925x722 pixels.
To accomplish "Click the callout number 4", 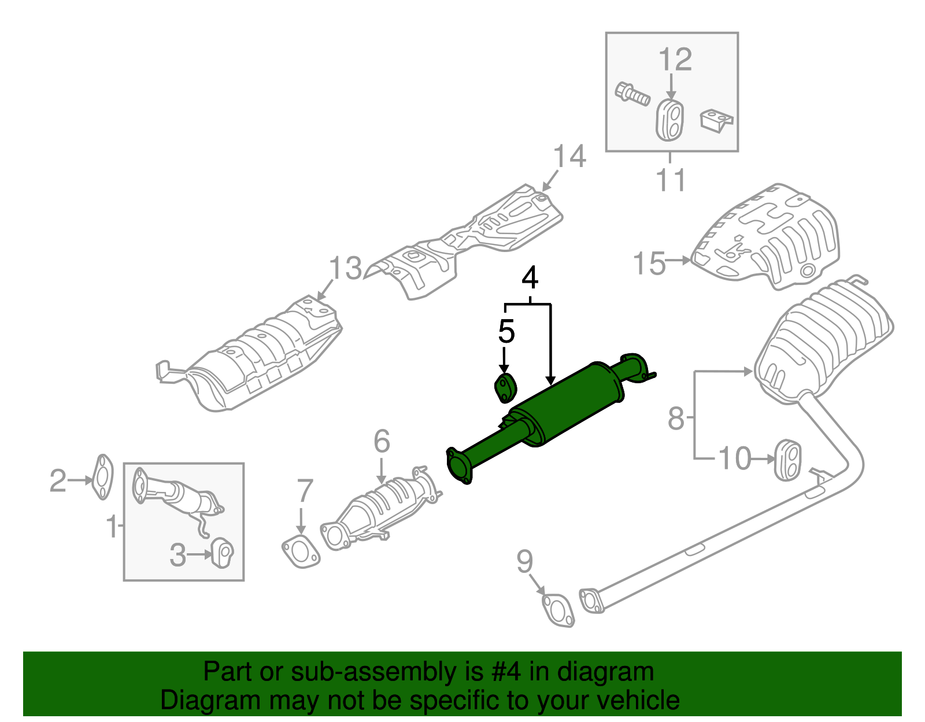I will (530, 278).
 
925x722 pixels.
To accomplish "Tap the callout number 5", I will (506, 332).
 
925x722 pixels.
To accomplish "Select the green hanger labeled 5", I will (505, 388).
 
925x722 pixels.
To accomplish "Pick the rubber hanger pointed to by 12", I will (671, 120).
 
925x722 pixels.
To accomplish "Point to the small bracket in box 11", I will (716, 121).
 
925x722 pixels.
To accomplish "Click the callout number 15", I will (650, 264).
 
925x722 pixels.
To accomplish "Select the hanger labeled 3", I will (221, 553).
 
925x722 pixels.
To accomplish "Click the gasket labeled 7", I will (301, 551).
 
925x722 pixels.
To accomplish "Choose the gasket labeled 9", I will (558, 610).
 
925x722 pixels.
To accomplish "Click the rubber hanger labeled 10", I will (787, 460).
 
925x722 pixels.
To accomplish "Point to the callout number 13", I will (345, 269).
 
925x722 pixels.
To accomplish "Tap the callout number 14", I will (569, 157).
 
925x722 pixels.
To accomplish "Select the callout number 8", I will (676, 419).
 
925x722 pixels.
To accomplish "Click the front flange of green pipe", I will (460, 466).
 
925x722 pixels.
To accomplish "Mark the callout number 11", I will (671, 180).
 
